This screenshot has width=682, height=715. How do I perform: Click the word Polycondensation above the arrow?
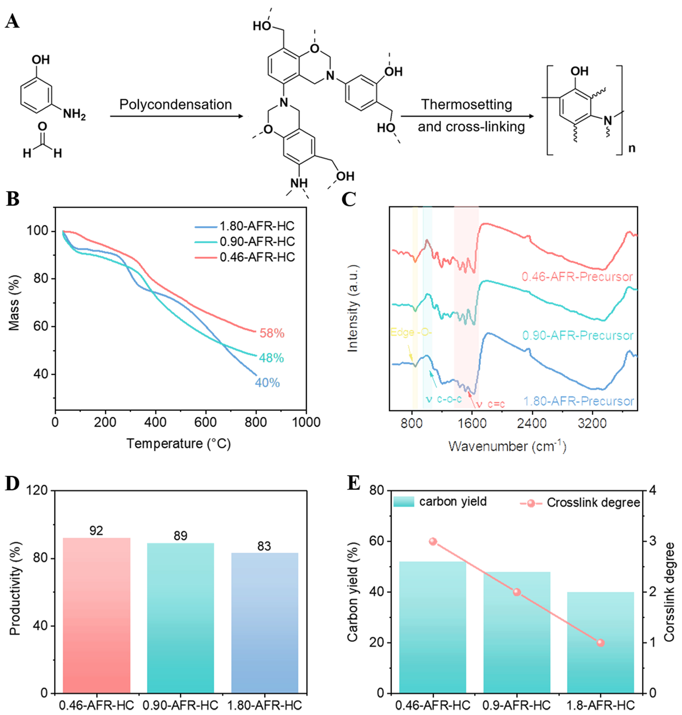pyautogui.click(x=176, y=105)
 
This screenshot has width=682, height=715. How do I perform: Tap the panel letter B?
pyautogui.click(x=13, y=199)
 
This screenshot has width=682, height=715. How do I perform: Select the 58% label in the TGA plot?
pyautogui.click(x=272, y=333)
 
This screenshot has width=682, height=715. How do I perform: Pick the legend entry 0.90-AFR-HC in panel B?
pyautogui.click(x=257, y=242)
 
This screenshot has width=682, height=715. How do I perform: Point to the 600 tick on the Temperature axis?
pyautogui.click(x=206, y=422)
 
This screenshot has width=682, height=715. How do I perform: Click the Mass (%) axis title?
pyautogui.click(x=14, y=303)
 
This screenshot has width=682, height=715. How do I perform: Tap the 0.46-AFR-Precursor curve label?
pyautogui.click(x=577, y=277)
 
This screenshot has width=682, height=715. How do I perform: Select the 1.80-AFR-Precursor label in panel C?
pyautogui.click(x=578, y=401)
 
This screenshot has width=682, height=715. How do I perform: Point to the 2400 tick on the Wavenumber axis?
pyautogui.click(x=532, y=424)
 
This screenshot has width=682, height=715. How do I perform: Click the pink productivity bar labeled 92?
pyautogui.click(x=96, y=618)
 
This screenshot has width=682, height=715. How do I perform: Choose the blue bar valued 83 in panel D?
pyautogui.click(x=264, y=625)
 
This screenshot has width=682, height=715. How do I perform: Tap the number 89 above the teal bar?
pyautogui.click(x=180, y=536)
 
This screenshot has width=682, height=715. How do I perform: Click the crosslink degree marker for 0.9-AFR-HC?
pyautogui.click(x=516, y=592)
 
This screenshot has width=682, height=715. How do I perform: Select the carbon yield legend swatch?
pyautogui.click(x=403, y=502)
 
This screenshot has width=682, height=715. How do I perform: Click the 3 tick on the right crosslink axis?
pyautogui.click(x=653, y=541)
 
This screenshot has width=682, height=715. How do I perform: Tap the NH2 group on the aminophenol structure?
pyautogui.click(x=74, y=114)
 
